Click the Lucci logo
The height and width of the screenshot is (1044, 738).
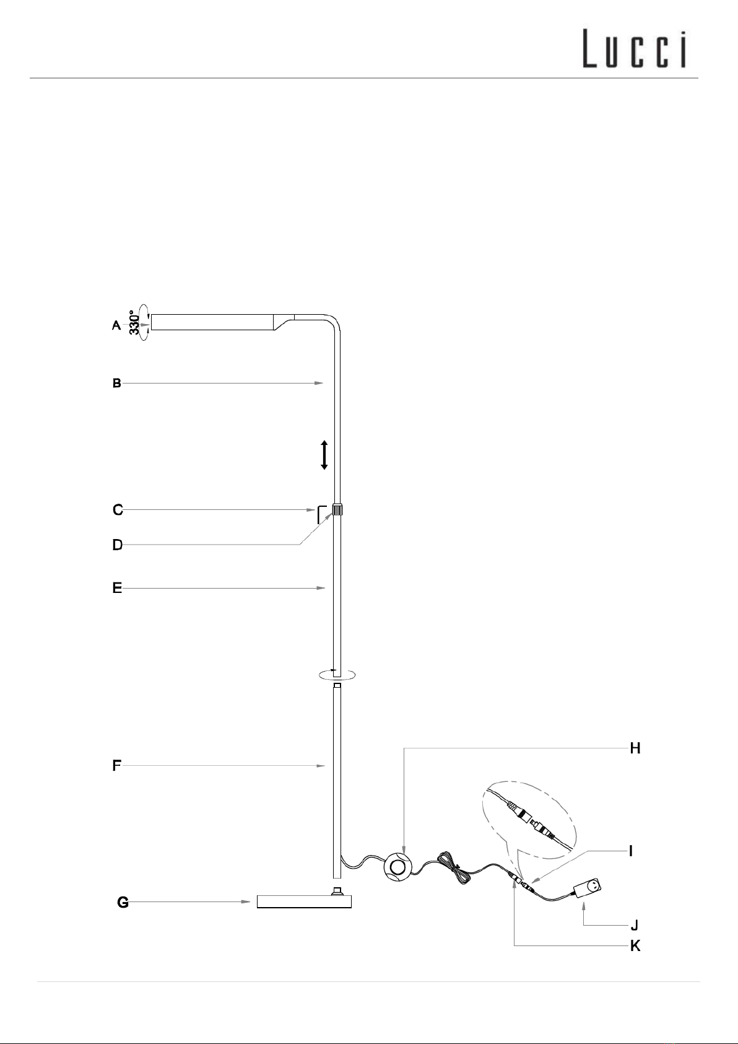click(x=635, y=50)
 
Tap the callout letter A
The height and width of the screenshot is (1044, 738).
click(x=116, y=325)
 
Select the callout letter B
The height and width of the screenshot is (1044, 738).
click(x=116, y=384)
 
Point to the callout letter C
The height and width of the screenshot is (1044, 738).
click(x=118, y=511)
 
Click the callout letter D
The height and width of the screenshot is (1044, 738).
click(x=117, y=545)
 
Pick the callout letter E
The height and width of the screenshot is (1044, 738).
click(x=117, y=588)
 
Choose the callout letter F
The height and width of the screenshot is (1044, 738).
click(x=116, y=766)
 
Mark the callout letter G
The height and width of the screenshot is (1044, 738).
click(x=123, y=903)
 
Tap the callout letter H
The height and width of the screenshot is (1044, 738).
click(x=635, y=748)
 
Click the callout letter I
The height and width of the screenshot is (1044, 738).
click(x=630, y=851)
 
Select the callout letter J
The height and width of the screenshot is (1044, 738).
click(x=634, y=926)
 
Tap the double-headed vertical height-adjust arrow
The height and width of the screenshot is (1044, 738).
click(x=324, y=455)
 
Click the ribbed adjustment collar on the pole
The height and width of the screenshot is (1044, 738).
click(x=337, y=511)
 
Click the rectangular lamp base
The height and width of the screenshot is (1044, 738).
click(x=304, y=901)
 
